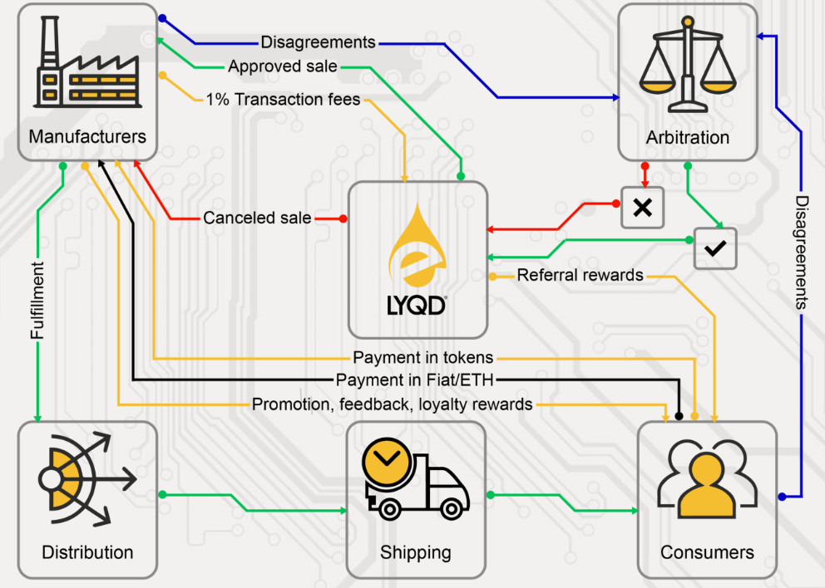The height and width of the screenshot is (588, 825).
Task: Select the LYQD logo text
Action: tap(417, 305)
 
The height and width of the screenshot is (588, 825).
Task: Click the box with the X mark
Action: tap(643, 207)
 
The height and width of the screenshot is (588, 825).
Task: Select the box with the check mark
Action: tap(715, 247)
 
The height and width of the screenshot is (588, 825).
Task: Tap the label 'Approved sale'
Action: tap(283, 66)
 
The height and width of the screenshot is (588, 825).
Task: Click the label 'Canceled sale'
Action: tap(257, 218)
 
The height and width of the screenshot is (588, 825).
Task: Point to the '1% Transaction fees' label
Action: tap(283, 100)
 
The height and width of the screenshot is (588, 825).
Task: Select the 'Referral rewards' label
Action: tap(580, 275)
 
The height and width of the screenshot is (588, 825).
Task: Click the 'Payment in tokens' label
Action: tap(423, 358)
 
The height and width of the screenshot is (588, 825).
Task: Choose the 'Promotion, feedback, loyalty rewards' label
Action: tap(393, 405)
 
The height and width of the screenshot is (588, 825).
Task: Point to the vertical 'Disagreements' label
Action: tap(802, 252)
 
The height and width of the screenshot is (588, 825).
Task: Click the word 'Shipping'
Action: tap(416, 552)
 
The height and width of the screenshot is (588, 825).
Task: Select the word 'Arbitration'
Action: tap(688, 138)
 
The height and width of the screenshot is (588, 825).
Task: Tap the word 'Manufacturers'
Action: tap(87, 136)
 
